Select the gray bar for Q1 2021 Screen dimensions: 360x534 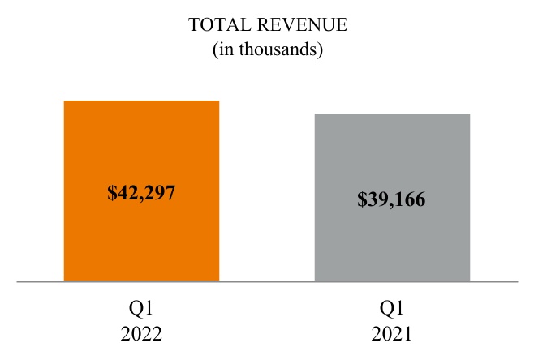click(x=392, y=154)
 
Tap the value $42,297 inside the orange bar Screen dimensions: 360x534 click(x=141, y=193)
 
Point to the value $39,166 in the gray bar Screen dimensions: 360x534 click(x=392, y=199)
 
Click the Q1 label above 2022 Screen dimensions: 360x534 click(x=142, y=309)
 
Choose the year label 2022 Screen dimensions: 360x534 click(x=142, y=333)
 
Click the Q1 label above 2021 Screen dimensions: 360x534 click(x=392, y=309)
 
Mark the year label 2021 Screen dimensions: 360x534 click(x=392, y=333)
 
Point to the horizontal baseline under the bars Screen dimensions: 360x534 click(x=267, y=282)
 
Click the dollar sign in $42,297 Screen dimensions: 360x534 click(x=112, y=193)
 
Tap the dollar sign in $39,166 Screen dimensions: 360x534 click(x=362, y=199)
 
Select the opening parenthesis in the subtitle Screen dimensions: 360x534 click(x=215, y=50)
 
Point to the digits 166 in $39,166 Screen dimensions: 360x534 click(x=411, y=199)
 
